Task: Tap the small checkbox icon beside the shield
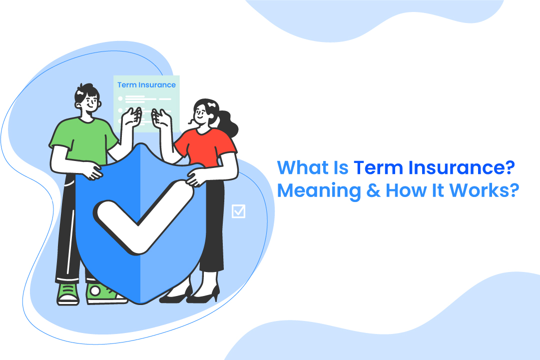click(239, 211)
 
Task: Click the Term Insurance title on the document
click(146, 85)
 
